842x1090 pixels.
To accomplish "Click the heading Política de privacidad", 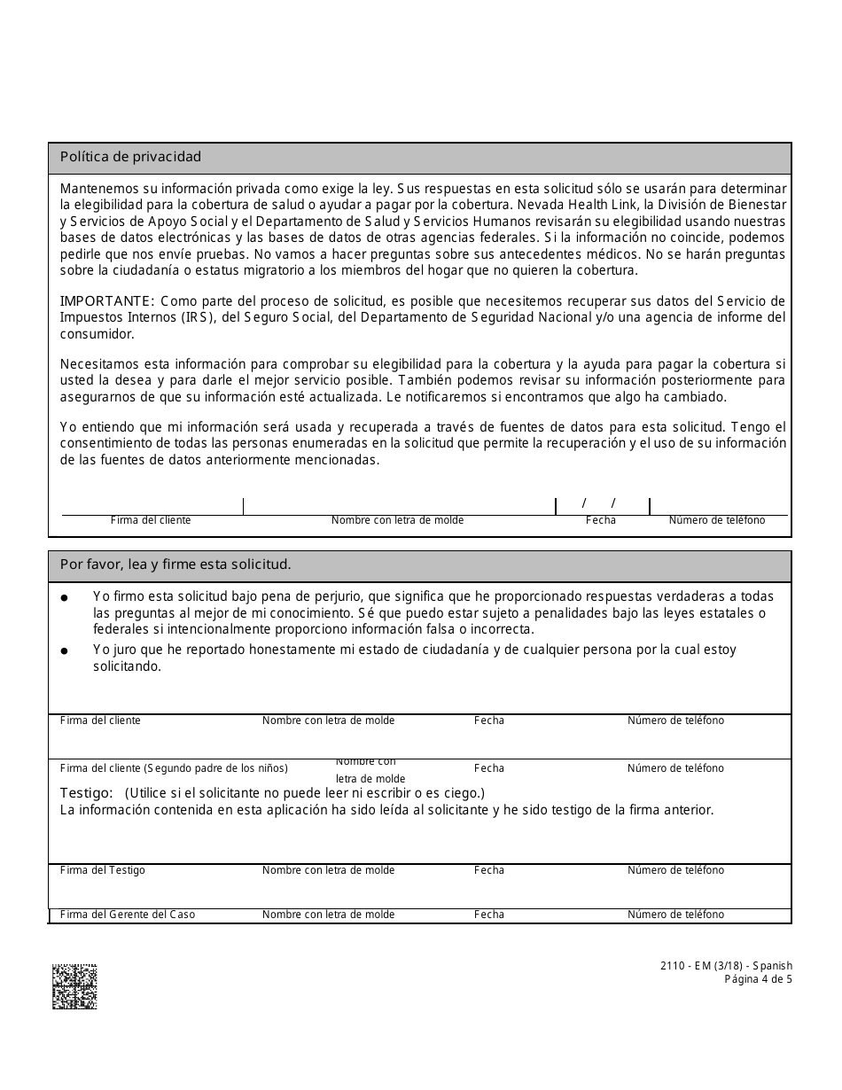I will (130, 157).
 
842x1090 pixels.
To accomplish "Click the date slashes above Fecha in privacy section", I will (598, 503).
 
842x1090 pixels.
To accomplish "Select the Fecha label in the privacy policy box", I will (600, 520).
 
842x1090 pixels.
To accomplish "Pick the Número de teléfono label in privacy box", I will (716, 520).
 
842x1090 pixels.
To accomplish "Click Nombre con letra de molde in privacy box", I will (397, 520).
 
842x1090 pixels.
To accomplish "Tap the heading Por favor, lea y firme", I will (175, 564).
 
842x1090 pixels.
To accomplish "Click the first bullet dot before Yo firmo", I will (65, 599).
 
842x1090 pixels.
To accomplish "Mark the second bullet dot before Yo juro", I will (65, 651).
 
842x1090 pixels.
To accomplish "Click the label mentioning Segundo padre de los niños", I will (174, 768).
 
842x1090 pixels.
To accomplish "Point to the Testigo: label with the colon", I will (86, 792).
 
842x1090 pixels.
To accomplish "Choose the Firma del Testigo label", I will (102, 870).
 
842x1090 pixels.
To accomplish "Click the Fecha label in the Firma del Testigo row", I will (488, 870).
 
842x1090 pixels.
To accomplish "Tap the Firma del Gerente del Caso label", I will (127, 915).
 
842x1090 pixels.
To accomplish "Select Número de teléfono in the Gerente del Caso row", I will (675, 915).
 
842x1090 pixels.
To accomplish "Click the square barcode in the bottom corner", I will (74, 986).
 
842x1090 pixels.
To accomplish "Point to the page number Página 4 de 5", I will (758, 979).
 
